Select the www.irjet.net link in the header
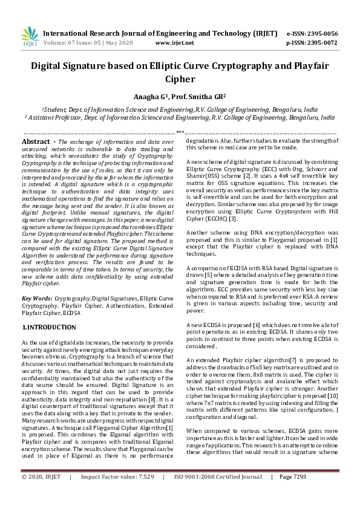(x=174, y=43)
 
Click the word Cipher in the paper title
(x=180, y=79)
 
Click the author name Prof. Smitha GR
(x=200, y=96)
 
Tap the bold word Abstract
(x=35, y=141)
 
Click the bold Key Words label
(x=37, y=299)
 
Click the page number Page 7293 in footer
(x=293, y=494)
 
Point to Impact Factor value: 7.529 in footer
(x=117, y=494)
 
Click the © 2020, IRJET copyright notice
(x=42, y=494)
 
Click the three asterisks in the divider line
(x=180, y=132)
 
